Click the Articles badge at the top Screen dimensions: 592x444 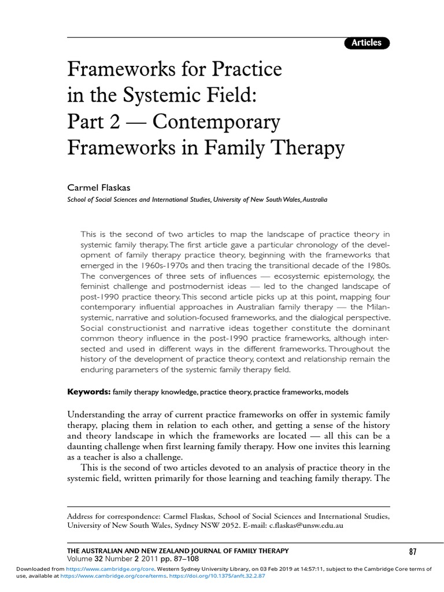[x=367, y=42]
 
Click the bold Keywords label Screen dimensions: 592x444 [x=89, y=391]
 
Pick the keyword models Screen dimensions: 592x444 [x=336, y=392]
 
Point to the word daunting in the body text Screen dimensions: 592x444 [x=87, y=447]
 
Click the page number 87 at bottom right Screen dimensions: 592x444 [x=412, y=551]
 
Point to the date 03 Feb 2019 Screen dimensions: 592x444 [x=303, y=569]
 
